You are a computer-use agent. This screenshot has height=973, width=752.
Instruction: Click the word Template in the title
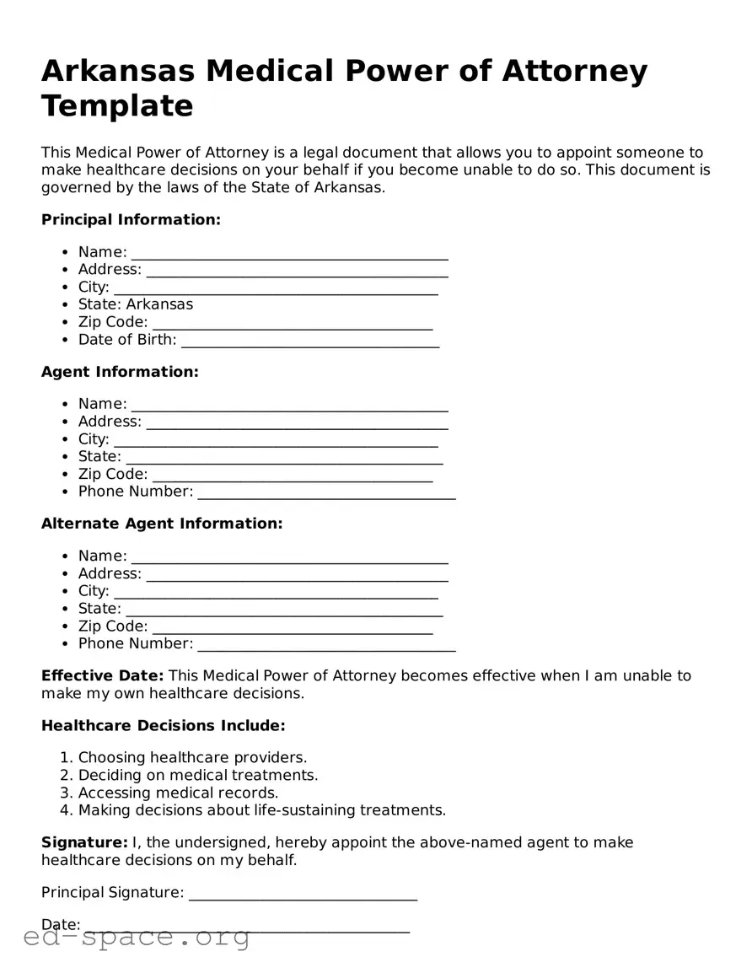tap(117, 106)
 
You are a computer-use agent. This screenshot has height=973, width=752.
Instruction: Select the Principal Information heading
tap(131, 220)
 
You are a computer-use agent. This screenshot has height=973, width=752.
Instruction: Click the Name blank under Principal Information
tap(289, 254)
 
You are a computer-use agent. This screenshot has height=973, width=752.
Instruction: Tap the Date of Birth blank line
tap(309, 341)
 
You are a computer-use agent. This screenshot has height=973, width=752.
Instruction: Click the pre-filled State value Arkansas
tap(159, 304)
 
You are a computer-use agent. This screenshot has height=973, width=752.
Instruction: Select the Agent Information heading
tap(120, 372)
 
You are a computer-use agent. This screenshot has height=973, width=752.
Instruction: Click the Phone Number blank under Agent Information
tap(326, 492)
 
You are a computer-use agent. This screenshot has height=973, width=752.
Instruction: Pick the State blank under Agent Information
tap(283, 458)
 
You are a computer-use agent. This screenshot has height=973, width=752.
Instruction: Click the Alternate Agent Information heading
tap(162, 524)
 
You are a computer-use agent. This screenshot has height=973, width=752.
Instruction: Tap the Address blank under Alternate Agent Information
tap(297, 575)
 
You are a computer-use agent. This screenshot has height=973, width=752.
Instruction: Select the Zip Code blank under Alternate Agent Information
tap(293, 627)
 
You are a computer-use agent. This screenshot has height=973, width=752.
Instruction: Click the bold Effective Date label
tap(102, 676)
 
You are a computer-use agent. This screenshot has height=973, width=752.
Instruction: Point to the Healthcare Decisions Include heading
tap(164, 726)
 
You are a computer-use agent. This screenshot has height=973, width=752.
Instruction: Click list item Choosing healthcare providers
tap(192, 758)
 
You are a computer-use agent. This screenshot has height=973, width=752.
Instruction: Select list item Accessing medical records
tap(178, 793)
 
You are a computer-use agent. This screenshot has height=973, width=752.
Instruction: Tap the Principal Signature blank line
tap(303, 894)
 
